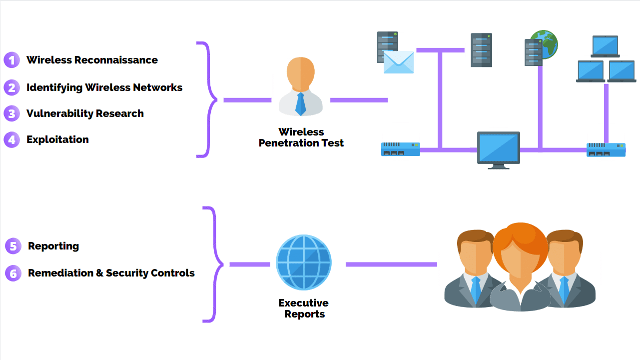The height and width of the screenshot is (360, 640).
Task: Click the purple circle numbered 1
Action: pos(11,60)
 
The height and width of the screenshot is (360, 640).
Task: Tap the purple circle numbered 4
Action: pos(11,139)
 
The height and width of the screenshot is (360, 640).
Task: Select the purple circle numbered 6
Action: pos(13,273)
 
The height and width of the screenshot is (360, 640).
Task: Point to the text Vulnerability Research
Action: pos(85,113)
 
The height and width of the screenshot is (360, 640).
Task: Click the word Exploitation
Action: pos(57,139)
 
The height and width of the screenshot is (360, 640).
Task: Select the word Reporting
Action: pos(53,246)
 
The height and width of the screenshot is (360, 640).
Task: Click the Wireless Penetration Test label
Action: pos(301,137)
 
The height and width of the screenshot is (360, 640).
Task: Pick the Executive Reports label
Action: pos(304,308)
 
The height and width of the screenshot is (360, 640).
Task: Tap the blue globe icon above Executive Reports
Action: pos(304,262)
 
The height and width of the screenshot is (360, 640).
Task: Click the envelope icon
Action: pos(399,62)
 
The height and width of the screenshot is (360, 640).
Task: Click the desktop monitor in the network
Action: pos(498,148)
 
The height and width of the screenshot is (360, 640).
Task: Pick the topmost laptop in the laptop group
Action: pos(605,46)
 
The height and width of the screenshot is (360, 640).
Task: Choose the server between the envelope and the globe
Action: pos(481,50)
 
